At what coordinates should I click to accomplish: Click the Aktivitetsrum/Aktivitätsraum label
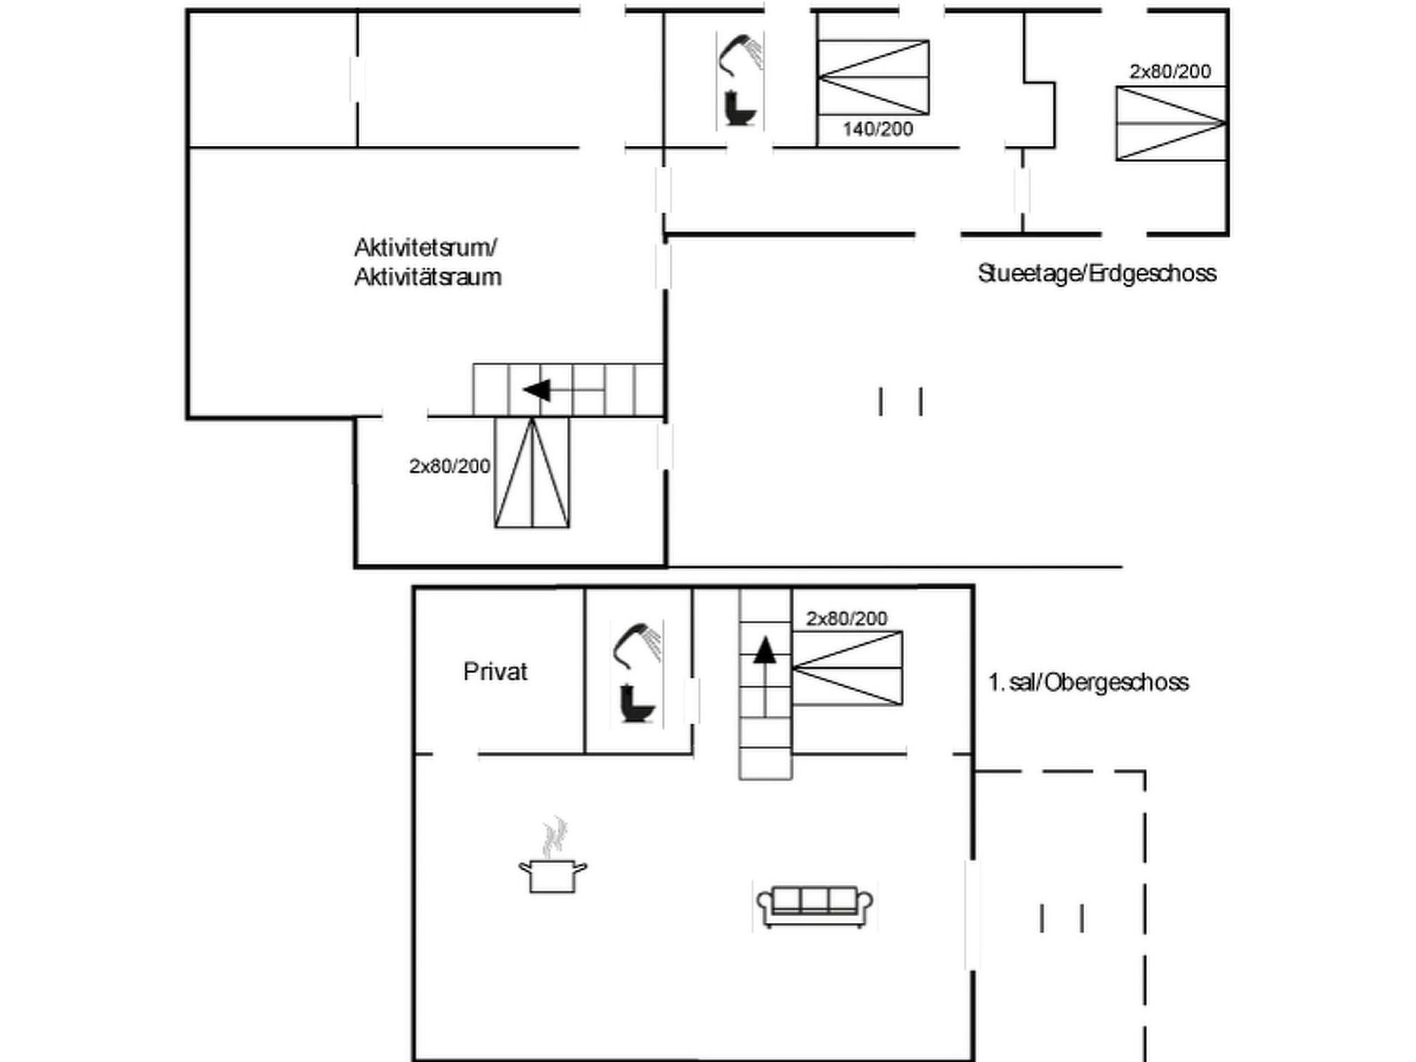pyautogui.click(x=427, y=262)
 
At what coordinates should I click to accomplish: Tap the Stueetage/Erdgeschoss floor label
pyautogui.click(x=1097, y=273)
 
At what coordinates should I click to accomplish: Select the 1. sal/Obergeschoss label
pyautogui.click(x=1088, y=682)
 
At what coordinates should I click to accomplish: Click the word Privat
pyautogui.click(x=495, y=672)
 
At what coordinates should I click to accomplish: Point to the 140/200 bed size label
pyautogui.click(x=877, y=129)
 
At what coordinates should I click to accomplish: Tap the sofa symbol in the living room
pyautogui.click(x=814, y=904)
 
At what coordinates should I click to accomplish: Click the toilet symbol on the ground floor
pyautogui.click(x=739, y=108)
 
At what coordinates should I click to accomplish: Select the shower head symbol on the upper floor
pyautogui.click(x=636, y=643)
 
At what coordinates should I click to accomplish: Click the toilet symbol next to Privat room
pyautogui.click(x=637, y=704)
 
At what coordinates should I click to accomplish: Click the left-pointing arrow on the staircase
pyautogui.click(x=535, y=389)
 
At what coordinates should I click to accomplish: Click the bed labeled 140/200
pyautogui.click(x=873, y=78)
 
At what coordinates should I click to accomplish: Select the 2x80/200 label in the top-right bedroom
pyautogui.click(x=1170, y=72)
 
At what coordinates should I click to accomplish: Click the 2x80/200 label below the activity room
pyautogui.click(x=450, y=466)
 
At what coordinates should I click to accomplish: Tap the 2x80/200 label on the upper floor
pyautogui.click(x=846, y=619)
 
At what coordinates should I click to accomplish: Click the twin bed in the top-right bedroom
pyautogui.click(x=1171, y=123)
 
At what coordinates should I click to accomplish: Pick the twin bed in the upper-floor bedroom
pyautogui.click(x=847, y=668)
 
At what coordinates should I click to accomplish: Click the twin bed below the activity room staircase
pyautogui.click(x=532, y=473)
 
